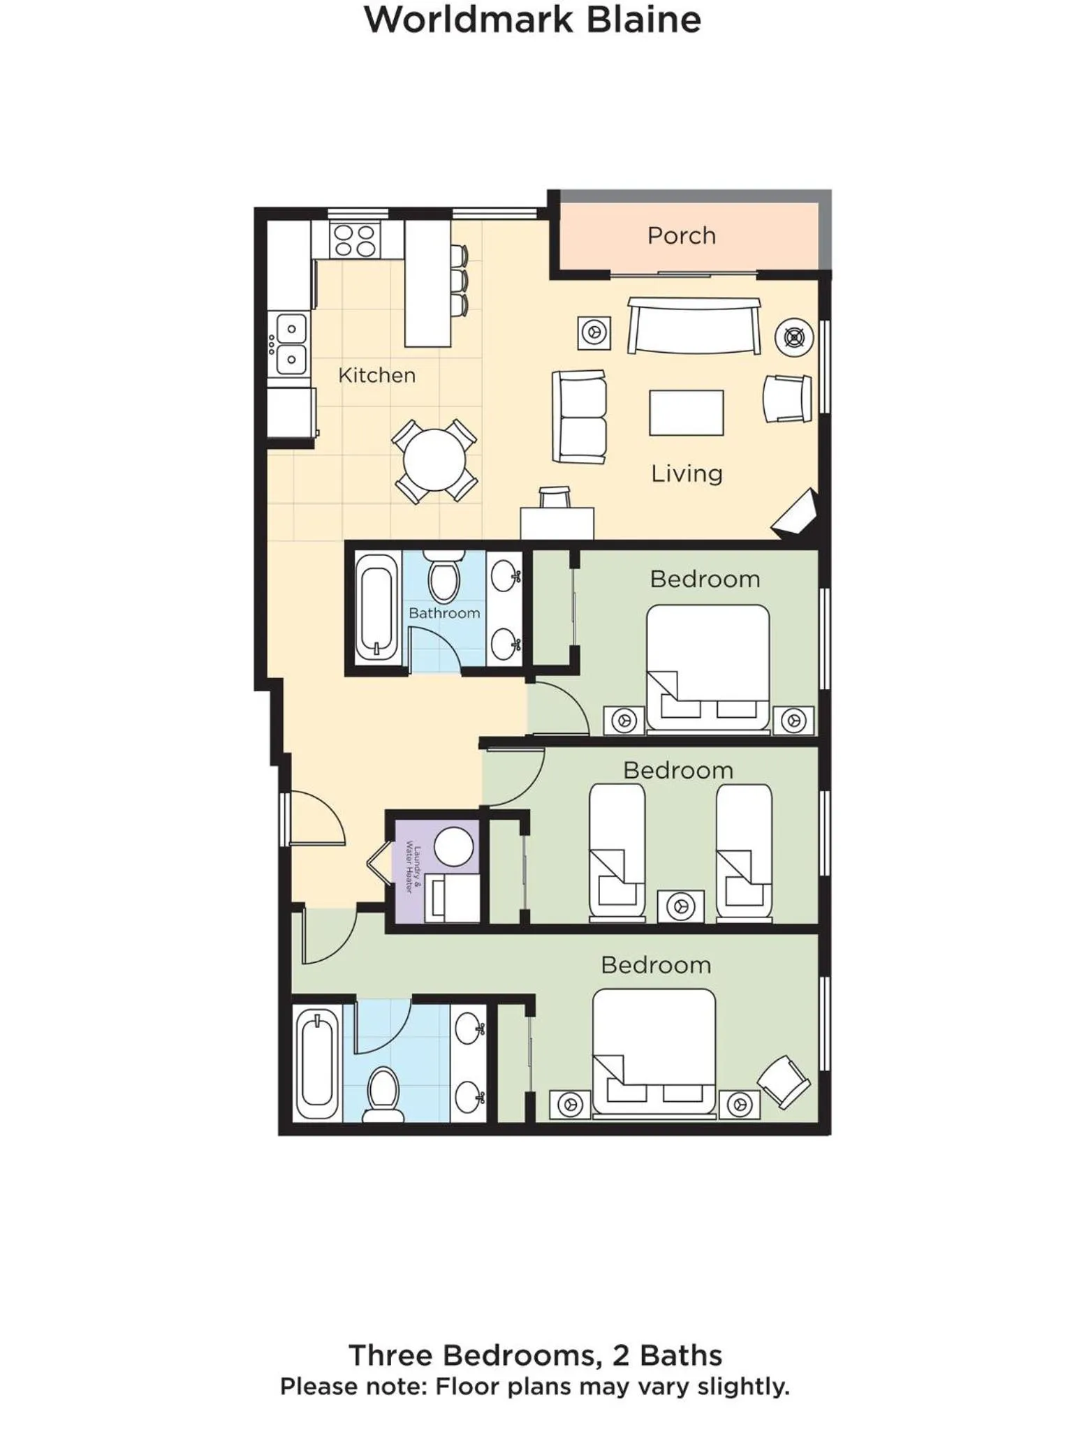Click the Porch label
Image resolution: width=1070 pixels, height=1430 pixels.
(x=681, y=236)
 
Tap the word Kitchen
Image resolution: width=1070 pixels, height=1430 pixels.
(x=376, y=376)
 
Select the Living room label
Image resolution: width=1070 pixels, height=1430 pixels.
(x=687, y=474)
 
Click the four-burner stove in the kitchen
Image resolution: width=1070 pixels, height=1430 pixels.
(x=356, y=241)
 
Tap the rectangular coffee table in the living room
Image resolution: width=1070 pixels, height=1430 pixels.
(x=686, y=413)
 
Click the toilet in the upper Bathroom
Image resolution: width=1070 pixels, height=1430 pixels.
(x=444, y=580)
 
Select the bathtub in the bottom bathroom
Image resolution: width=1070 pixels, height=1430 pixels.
(x=318, y=1065)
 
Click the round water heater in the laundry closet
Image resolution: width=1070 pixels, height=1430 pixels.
(x=453, y=846)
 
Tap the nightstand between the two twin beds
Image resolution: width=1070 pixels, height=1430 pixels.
(x=680, y=907)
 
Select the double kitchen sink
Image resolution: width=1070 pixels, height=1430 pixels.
(x=291, y=344)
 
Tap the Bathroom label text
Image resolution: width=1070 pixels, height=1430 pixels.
(x=444, y=613)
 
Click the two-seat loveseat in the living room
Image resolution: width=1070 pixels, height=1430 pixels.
(x=579, y=417)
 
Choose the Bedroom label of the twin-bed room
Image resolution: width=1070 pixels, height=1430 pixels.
(x=678, y=770)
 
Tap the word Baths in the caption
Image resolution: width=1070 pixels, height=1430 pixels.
(x=681, y=1356)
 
